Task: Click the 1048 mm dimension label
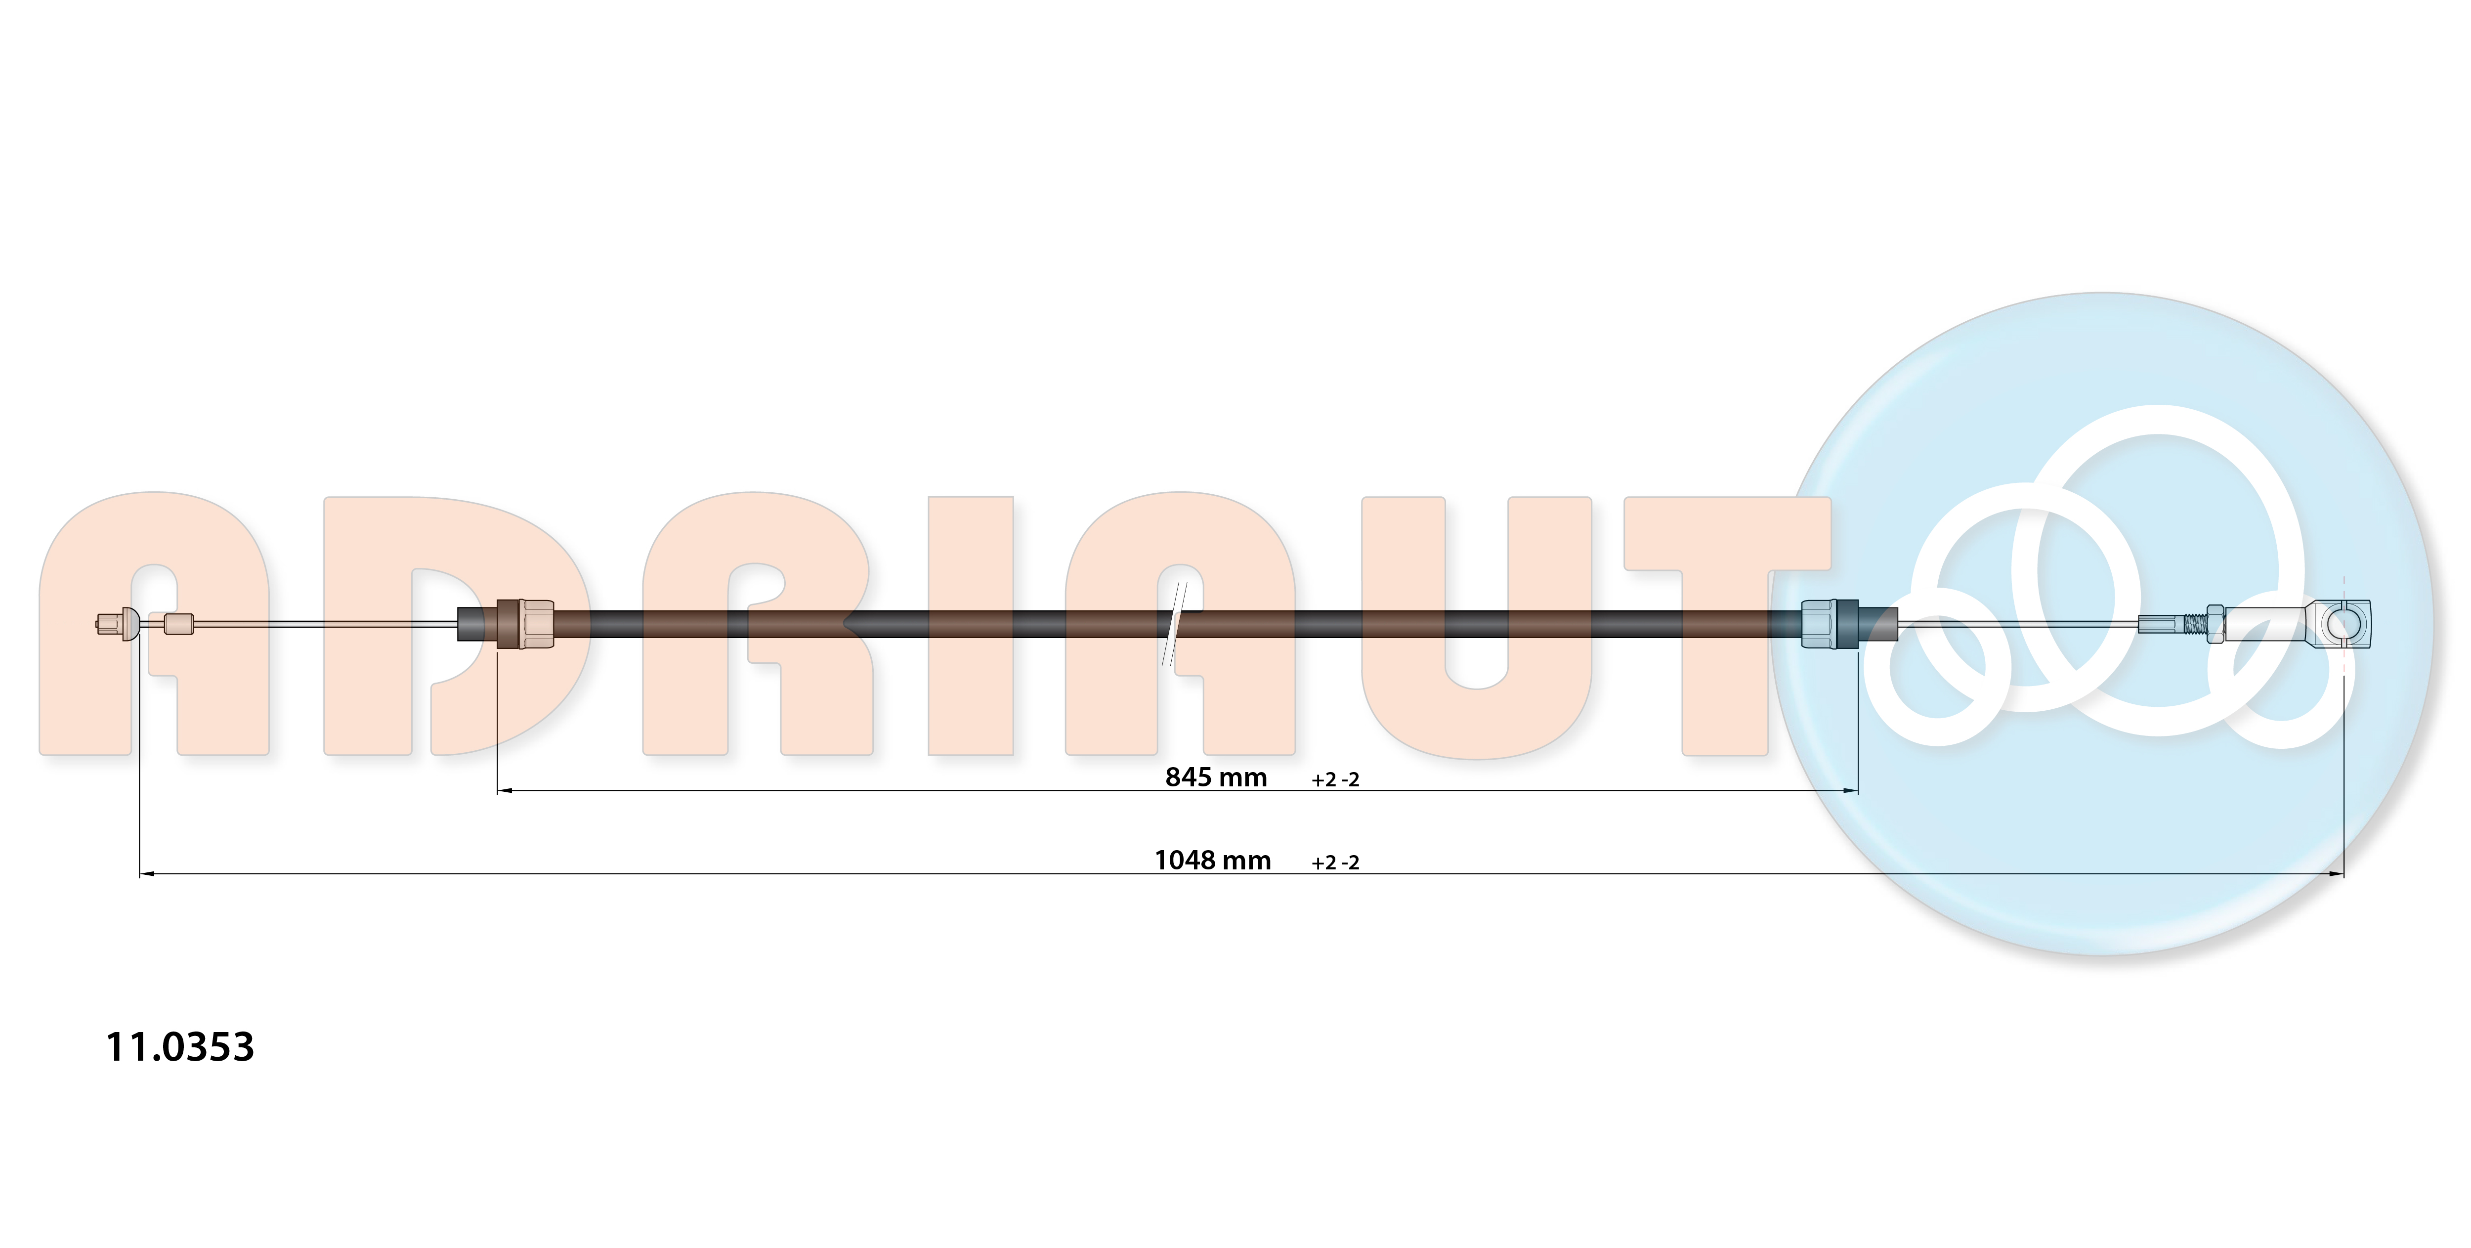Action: [x=1212, y=861]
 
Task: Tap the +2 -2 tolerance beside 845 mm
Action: [x=1335, y=780]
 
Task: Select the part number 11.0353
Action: [x=180, y=1046]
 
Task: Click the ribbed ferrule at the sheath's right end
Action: [x=1830, y=624]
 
